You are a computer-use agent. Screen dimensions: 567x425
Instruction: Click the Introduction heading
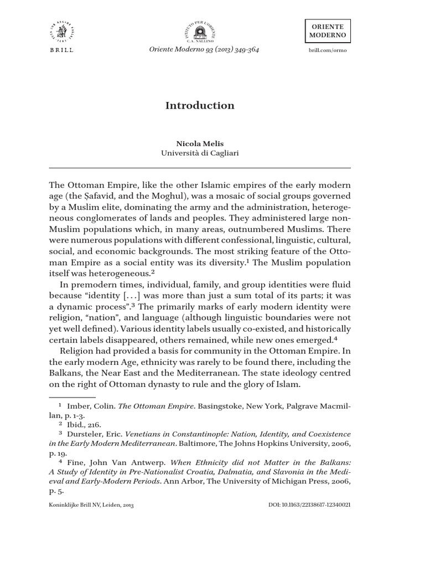click(x=200, y=106)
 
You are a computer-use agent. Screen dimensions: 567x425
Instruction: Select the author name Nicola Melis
click(x=200, y=143)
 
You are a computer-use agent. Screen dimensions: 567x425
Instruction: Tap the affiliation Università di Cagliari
click(x=200, y=153)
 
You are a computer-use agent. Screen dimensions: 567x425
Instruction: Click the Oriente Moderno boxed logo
click(x=330, y=30)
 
